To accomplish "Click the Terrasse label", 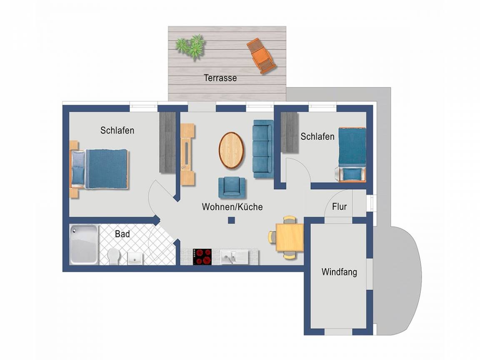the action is coord(220,78).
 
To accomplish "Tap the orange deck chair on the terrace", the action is coord(261,56).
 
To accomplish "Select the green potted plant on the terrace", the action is coord(190,47).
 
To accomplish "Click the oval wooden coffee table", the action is coord(232,150).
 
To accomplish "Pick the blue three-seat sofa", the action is coord(263,149).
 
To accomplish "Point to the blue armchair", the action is coord(232,187).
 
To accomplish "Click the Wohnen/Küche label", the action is coord(232,207).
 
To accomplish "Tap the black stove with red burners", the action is coord(202,257).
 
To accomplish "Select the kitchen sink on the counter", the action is coord(234,257).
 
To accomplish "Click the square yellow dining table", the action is coord(290,237).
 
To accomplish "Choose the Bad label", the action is coord(122,234).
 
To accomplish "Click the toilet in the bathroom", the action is coord(113,256).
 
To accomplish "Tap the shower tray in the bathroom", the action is coord(84,244).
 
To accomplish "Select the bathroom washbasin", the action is coord(135,258).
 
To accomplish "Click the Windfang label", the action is coord(339,272).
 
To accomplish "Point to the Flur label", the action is coord(340,207).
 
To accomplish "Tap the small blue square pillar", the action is coord(231,220).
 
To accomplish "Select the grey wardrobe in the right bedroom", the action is coord(290,132).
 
